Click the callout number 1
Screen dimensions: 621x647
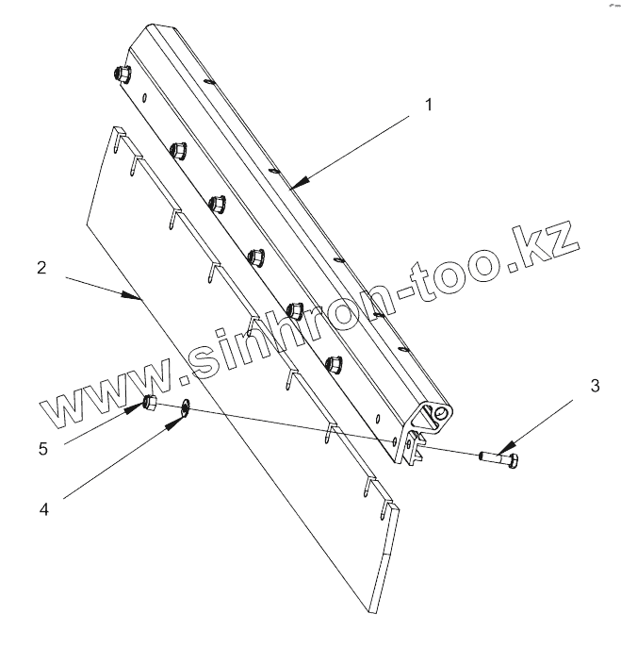click(x=428, y=105)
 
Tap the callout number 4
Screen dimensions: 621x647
click(x=43, y=510)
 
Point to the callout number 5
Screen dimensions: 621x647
click(x=42, y=449)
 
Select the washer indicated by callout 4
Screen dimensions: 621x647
click(x=184, y=407)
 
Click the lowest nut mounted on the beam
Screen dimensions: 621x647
click(x=331, y=362)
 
